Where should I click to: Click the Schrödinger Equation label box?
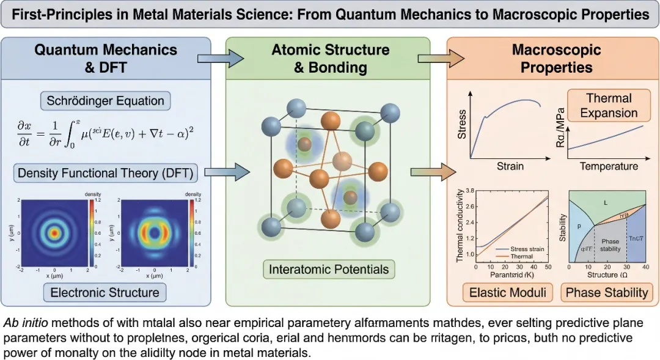[x=105, y=100]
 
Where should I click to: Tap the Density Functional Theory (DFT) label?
[x=105, y=173]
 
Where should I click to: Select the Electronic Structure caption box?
[x=105, y=292]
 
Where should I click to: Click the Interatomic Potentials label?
[x=329, y=269]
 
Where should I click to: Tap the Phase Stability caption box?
[x=606, y=292]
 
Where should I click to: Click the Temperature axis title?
[x=608, y=166]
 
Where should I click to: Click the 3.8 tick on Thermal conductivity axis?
[x=469, y=191]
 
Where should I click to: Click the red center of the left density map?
[x=54, y=233]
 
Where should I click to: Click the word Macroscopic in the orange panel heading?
[x=556, y=50]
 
